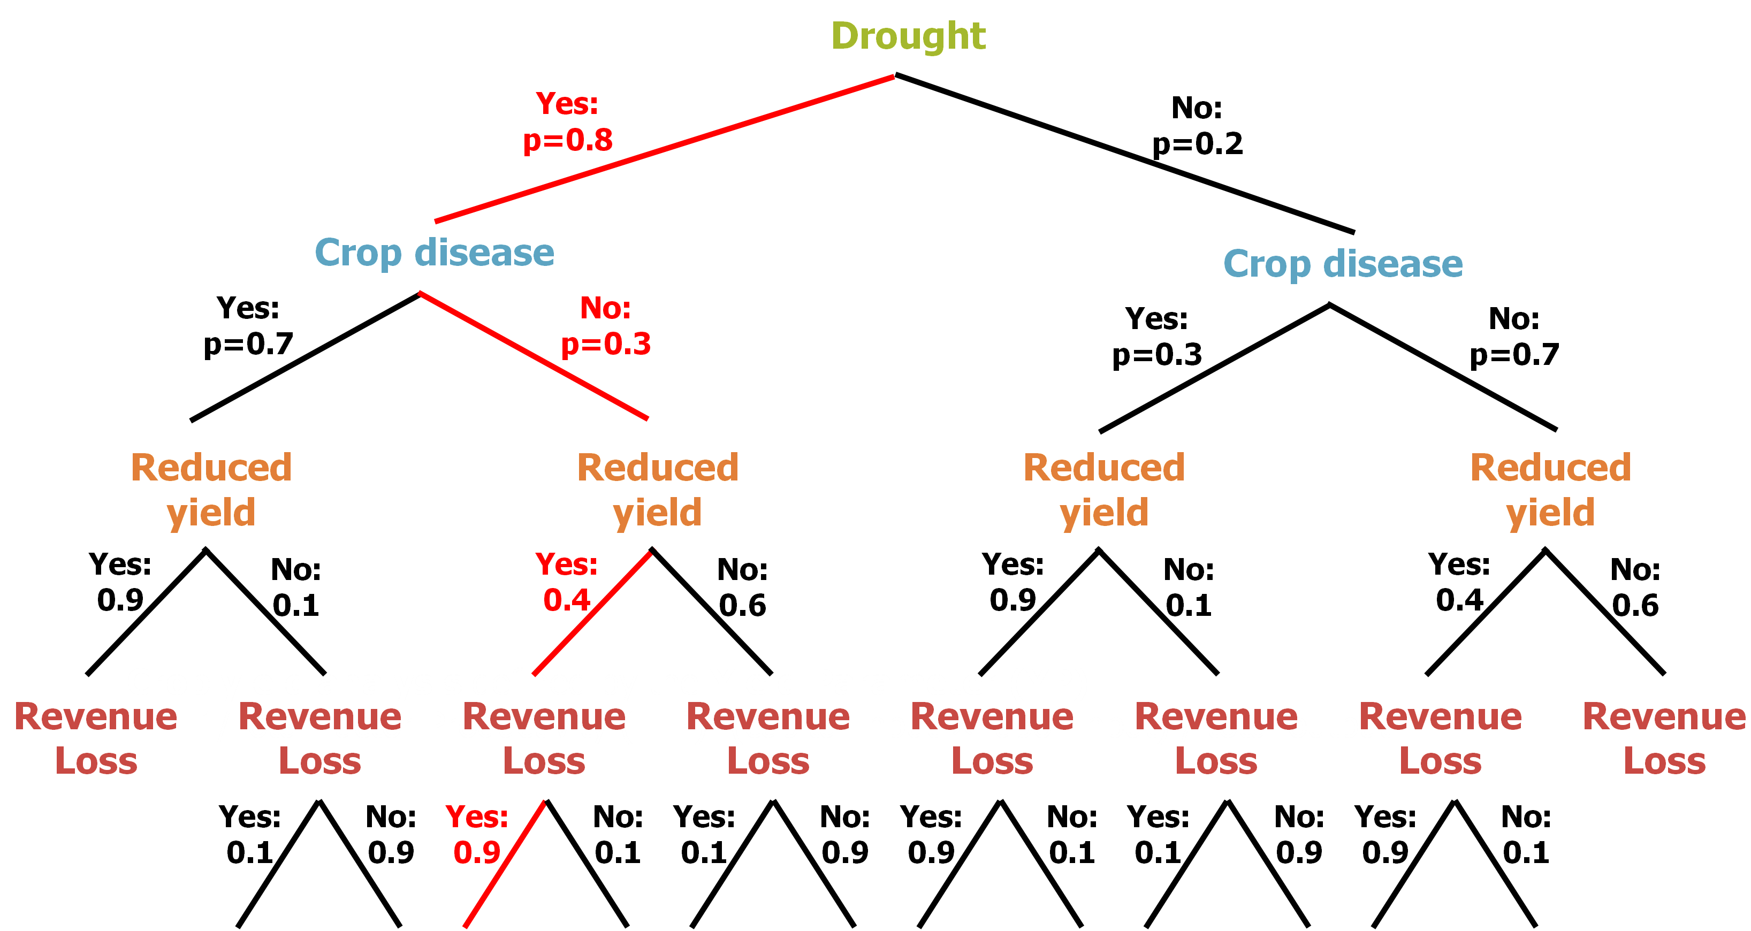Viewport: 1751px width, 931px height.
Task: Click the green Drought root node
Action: (x=908, y=36)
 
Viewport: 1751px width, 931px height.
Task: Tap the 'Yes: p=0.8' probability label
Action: (x=568, y=123)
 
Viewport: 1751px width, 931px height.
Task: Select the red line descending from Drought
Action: (x=664, y=149)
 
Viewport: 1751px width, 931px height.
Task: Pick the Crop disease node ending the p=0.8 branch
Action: (x=435, y=253)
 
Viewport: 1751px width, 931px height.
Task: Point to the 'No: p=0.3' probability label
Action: (x=606, y=326)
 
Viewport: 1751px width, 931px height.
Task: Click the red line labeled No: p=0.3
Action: (x=533, y=355)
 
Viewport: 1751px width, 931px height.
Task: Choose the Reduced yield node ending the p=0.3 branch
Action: (x=657, y=489)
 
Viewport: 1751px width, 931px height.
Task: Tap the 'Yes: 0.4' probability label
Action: (x=566, y=582)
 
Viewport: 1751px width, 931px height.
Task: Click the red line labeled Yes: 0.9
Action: (x=504, y=865)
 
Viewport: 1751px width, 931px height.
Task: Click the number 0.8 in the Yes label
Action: (x=589, y=141)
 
